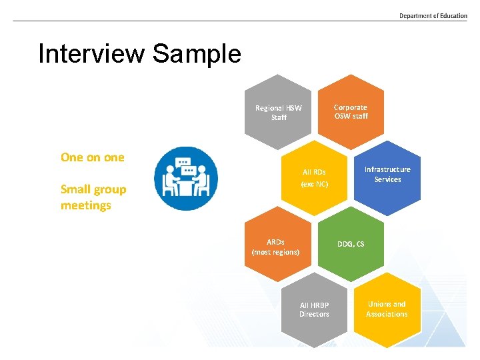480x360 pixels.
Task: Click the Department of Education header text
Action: (433, 15)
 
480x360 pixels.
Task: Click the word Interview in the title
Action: (90, 53)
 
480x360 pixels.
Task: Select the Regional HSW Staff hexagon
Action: (278, 112)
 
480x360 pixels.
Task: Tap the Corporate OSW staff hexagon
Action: (351, 111)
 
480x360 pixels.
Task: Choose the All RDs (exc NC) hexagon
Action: (314, 177)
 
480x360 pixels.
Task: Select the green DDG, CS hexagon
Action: (351, 244)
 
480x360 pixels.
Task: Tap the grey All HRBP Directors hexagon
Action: (314, 310)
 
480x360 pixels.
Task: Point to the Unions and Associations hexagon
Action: (387, 309)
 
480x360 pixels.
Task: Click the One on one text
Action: (92, 157)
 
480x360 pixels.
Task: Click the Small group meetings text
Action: (93, 197)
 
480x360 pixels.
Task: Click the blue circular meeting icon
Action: (185, 178)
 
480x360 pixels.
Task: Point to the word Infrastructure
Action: (387, 169)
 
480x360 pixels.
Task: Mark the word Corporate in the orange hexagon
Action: (351, 107)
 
